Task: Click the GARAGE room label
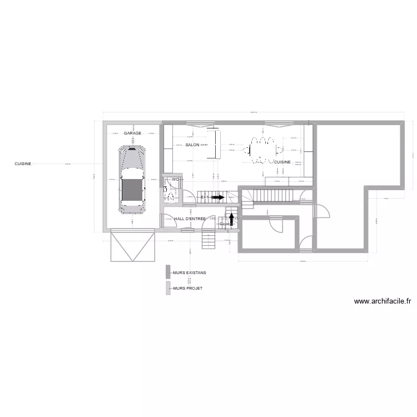pos(132,133)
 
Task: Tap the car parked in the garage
pos(132,179)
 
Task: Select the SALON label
pos(192,145)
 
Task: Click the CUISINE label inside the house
pos(282,162)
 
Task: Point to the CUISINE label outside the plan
pos(23,164)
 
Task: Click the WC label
pos(175,180)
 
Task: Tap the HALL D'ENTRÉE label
pos(190,219)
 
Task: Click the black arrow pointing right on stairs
pos(217,197)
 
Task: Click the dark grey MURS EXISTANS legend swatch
pos(168,272)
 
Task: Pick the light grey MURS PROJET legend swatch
pos(168,289)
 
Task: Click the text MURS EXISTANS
pos(190,272)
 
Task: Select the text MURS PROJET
pos(188,289)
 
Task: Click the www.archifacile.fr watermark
pos(383,302)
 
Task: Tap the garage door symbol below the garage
pos(133,245)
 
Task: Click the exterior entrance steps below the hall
pos(208,240)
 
